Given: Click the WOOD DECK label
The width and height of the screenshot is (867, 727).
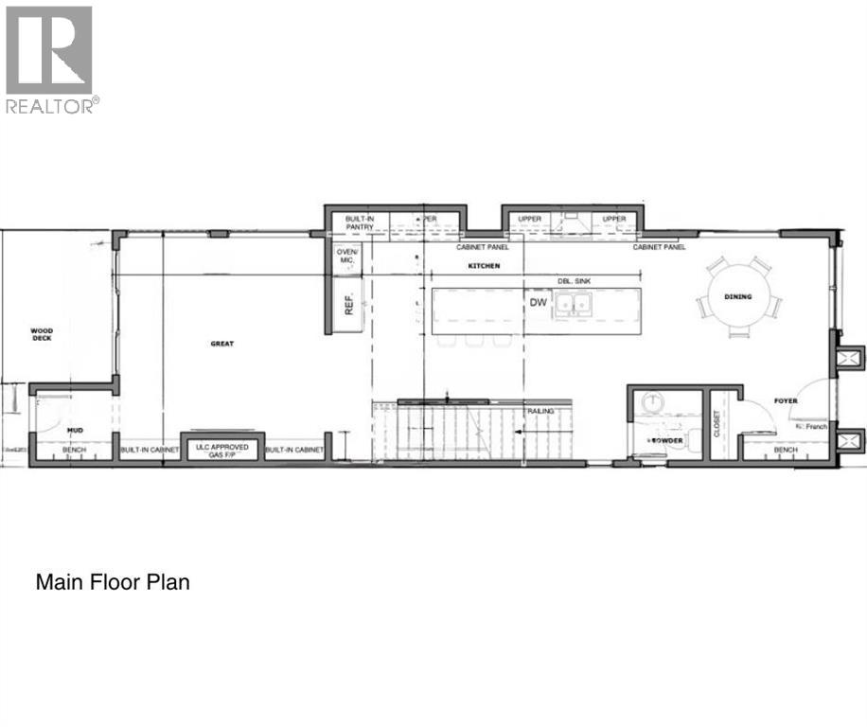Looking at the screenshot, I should point(41,334).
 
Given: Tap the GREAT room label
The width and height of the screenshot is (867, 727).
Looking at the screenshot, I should point(221,344).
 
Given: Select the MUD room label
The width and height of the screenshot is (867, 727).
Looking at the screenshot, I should point(75,430).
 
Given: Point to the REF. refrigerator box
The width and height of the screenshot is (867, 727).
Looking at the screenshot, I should point(348,305).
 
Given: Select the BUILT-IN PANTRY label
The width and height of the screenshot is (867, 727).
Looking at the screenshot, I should point(360,222).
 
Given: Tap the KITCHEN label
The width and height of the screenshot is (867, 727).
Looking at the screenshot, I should point(483,267).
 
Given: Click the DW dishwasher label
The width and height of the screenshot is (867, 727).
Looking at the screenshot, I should point(539,303).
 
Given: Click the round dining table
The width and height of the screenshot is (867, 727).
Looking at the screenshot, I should point(738,297).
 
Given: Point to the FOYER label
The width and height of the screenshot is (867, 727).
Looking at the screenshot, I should point(785,401).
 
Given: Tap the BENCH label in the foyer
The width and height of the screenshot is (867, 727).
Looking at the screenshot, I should point(785,450).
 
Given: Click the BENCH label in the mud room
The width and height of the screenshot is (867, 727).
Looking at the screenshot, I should point(74,450).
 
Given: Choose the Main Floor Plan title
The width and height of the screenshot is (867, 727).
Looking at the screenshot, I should point(113,581).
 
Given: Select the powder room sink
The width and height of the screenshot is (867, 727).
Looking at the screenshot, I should point(652,402).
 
